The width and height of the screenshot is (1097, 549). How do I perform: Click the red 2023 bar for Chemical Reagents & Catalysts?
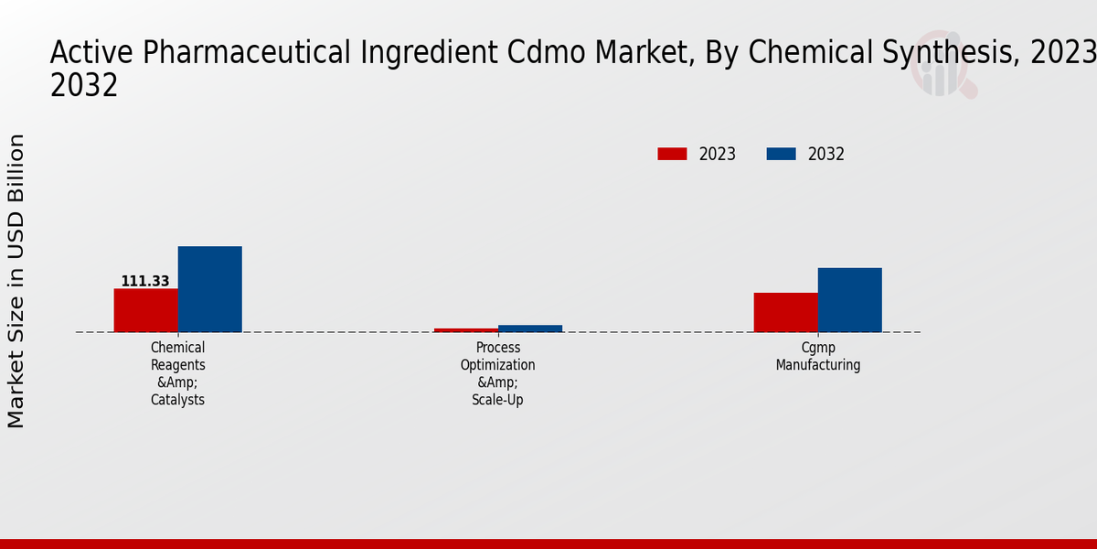pyautogui.click(x=145, y=310)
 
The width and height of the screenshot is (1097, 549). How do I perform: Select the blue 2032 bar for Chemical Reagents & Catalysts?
pyautogui.click(x=209, y=289)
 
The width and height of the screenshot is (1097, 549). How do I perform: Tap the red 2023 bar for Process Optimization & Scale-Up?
pyautogui.click(x=466, y=329)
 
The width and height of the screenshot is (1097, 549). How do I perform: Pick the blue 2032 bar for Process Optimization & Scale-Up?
pyautogui.click(x=530, y=328)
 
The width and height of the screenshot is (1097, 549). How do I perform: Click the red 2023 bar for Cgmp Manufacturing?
pyautogui.click(x=785, y=312)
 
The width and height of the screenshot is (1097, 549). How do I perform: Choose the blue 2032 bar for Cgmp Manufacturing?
pyautogui.click(x=849, y=300)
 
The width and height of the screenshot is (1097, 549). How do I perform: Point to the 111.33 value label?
pyautogui.click(x=145, y=281)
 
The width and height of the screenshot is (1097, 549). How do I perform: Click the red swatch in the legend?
pyautogui.click(x=672, y=154)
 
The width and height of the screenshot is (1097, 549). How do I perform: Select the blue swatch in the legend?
pyautogui.click(x=781, y=154)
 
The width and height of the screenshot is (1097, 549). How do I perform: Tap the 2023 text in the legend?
pyautogui.click(x=718, y=154)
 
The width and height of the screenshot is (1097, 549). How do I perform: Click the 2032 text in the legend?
pyautogui.click(x=826, y=154)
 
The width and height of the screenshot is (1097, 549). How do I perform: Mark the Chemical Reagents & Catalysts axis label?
pyautogui.click(x=177, y=373)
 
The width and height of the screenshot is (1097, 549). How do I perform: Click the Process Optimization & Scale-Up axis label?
pyautogui.click(x=498, y=373)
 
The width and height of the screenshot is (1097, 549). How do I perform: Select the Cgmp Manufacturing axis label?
pyautogui.click(x=818, y=356)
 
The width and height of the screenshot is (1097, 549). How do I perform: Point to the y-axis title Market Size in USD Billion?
pyautogui.click(x=16, y=281)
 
